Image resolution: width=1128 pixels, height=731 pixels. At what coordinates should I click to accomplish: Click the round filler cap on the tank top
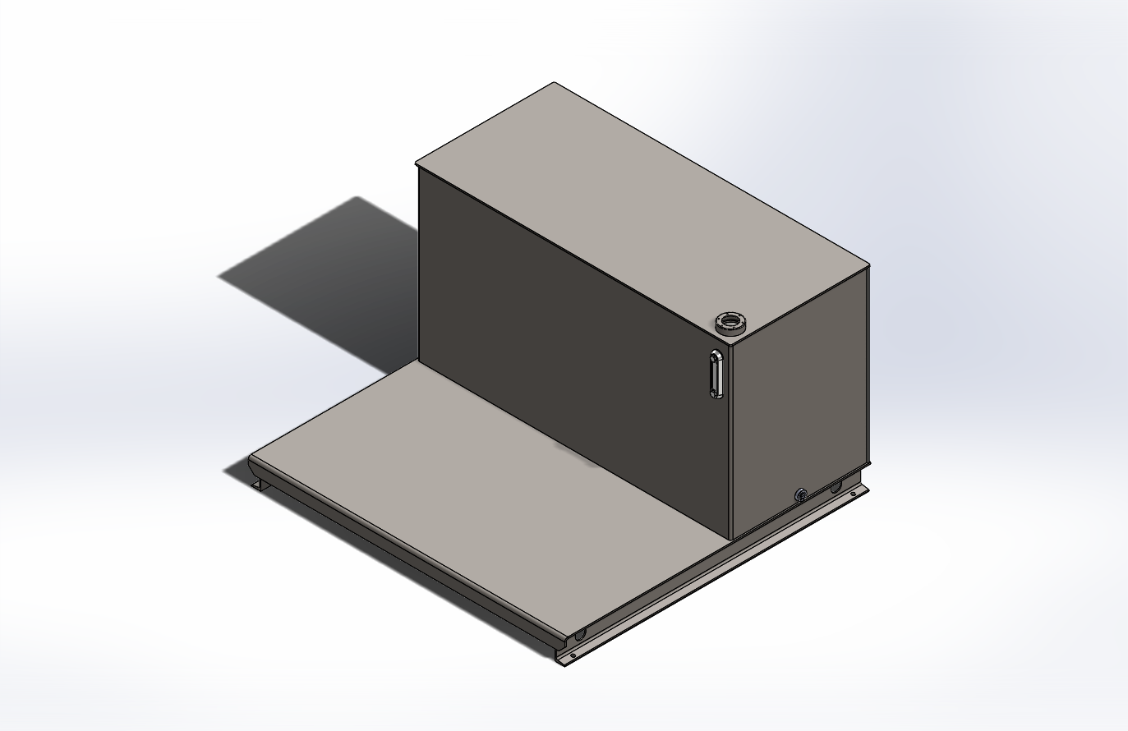click(730, 323)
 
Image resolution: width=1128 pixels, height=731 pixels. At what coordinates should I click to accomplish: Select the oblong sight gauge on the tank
click(716, 375)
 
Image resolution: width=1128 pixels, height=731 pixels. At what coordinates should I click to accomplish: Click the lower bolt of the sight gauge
click(716, 394)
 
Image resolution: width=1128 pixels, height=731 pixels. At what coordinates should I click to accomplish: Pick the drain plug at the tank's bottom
click(799, 494)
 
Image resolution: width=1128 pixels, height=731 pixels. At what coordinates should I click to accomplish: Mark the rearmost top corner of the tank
click(555, 83)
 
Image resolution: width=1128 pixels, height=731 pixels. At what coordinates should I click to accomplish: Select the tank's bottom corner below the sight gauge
click(730, 539)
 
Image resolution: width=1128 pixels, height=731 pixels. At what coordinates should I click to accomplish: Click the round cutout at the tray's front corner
click(580, 634)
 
